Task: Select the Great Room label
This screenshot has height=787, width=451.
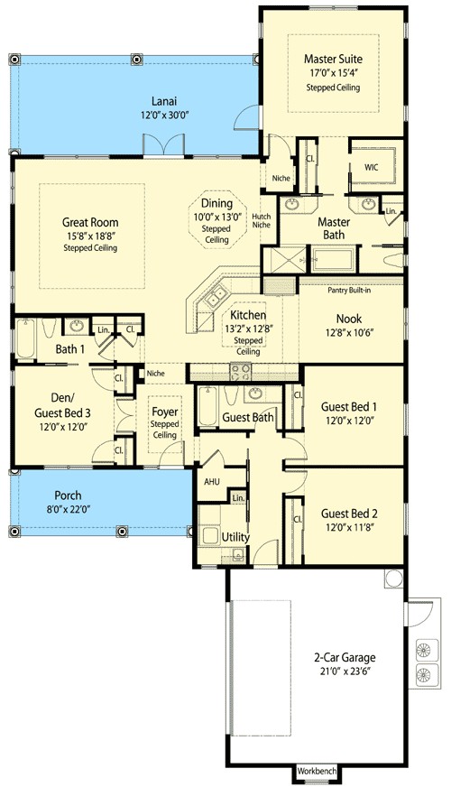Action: (90, 222)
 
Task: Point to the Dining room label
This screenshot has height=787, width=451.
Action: (216, 204)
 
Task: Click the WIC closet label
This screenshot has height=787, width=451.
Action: (371, 168)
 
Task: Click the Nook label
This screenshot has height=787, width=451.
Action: (348, 319)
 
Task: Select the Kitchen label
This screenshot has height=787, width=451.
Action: (247, 315)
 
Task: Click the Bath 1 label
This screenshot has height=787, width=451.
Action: (69, 348)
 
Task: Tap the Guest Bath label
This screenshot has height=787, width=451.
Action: (248, 418)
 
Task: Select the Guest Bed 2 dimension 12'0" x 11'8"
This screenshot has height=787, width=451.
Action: (348, 527)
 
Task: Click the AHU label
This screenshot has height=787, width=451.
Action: (212, 482)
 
